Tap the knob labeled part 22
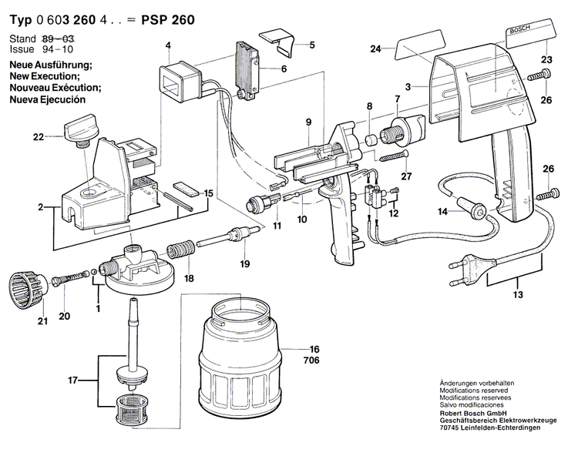point(79,129)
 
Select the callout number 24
point(375,49)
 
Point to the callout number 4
point(168,45)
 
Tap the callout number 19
point(244,264)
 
